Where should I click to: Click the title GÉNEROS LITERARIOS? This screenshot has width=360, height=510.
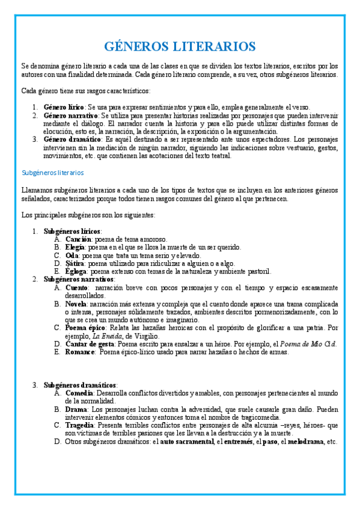point(180,46)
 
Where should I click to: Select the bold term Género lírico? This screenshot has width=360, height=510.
point(64,106)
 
